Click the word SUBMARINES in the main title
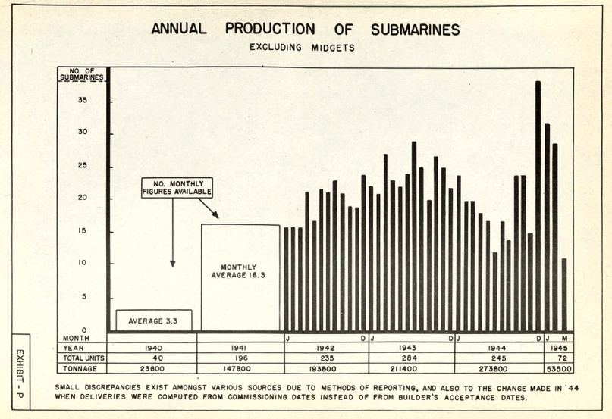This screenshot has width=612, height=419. [x=416, y=30]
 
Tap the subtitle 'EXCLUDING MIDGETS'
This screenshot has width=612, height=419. [x=302, y=48]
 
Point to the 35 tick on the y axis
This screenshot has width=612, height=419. [x=83, y=100]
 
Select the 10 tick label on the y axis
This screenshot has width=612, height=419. [x=83, y=263]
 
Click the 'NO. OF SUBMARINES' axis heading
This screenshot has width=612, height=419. [x=82, y=74]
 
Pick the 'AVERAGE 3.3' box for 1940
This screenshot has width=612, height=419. [x=154, y=321]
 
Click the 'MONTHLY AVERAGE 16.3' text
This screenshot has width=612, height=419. [x=238, y=271]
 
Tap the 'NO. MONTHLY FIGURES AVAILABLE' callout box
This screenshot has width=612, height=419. [x=177, y=188]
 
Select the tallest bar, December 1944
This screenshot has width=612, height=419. [x=538, y=206]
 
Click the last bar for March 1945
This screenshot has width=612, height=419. [x=564, y=295]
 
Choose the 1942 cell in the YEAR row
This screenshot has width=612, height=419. [x=325, y=348]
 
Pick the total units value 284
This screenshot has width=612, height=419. [x=409, y=358]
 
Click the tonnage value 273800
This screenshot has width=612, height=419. [x=493, y=369]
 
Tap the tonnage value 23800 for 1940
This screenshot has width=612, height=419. [x=152, y=369]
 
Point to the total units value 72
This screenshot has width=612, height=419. [x=560, y=358]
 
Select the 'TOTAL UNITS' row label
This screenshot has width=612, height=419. [x=83, y=358]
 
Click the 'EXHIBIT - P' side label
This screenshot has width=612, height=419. [x=20, y=374]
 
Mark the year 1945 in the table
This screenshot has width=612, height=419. [x=559, y=348]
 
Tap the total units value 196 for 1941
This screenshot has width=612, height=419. [x=239, y=358]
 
